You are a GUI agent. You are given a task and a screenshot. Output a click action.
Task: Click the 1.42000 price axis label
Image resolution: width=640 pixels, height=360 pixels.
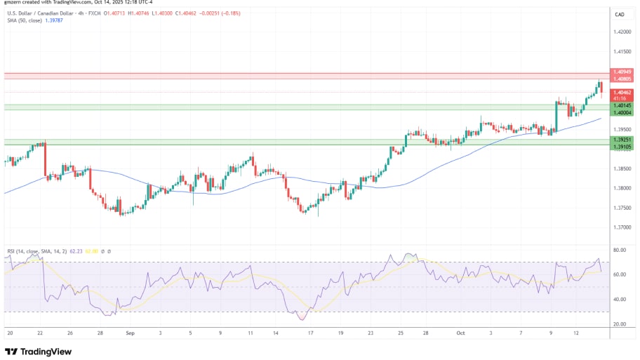pos(622,32)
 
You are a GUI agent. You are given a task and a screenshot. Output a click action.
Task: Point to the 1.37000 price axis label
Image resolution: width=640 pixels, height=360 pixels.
pos(622,227)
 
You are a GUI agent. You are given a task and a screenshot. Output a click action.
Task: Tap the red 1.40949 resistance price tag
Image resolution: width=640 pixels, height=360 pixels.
pos(622,72)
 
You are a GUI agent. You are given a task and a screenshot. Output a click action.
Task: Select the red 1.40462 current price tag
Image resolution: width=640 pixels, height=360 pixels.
pos(622,92)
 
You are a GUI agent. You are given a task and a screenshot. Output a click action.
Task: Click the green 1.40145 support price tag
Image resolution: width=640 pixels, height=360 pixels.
pos(622,105)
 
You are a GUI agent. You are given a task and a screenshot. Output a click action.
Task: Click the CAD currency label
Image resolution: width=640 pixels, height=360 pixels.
pos(620,14)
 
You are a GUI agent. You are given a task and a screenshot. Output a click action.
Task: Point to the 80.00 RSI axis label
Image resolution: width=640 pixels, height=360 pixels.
pos(619,250)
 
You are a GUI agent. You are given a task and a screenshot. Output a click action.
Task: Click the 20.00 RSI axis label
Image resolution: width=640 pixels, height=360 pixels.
pos(619,324)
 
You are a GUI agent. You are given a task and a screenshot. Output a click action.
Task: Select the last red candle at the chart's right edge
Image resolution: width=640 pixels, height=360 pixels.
pos(601,88)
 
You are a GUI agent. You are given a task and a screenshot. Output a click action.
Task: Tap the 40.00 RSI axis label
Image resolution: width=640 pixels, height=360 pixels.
pos(619,299)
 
